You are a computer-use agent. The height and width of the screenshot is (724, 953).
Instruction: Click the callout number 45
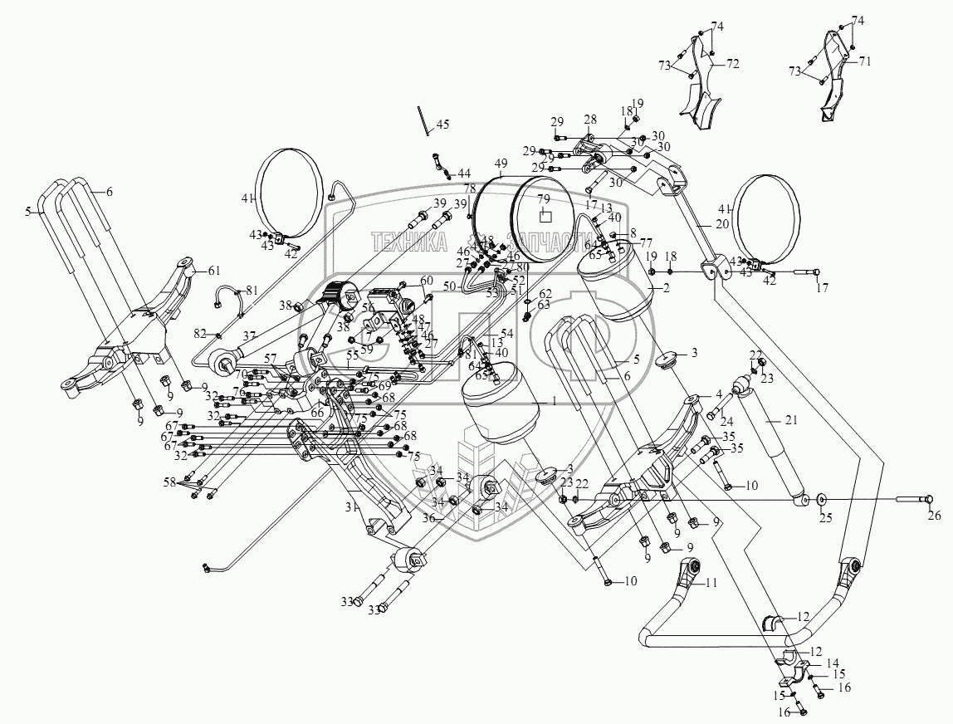coord(442,125)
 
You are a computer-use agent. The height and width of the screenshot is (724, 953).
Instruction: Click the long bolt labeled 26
coord(913,499)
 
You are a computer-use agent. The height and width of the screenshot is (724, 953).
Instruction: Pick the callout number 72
coord(733,63)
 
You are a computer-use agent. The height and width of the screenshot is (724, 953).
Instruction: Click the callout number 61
coord(215,271)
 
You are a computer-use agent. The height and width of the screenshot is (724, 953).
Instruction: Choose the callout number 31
coord(350,505)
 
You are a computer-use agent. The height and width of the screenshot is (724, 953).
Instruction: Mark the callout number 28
coord(589,120)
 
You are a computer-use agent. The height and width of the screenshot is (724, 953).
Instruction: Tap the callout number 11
coord(711,584)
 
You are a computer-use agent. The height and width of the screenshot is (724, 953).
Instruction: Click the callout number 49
coord(501,164)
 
